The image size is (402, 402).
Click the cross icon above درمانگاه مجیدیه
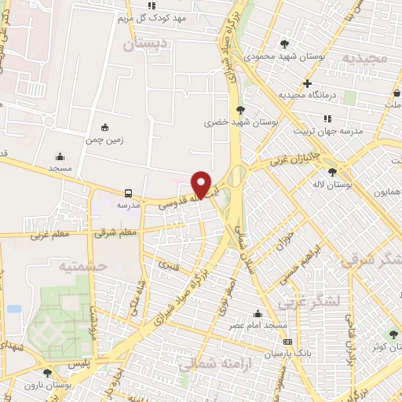[307, 83]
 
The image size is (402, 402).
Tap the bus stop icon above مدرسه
[127, 192]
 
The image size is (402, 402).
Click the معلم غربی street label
[49, 234]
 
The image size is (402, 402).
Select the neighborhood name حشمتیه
[81, 267]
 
